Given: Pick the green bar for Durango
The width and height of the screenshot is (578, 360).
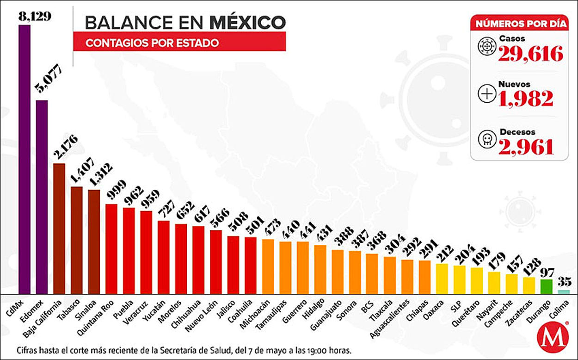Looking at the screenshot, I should pos(547,286).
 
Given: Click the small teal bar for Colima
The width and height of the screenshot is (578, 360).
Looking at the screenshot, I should pos(564,292).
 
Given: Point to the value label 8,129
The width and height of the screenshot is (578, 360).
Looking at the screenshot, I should pos(34,17).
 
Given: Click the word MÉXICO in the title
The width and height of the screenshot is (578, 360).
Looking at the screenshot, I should pos(247,22).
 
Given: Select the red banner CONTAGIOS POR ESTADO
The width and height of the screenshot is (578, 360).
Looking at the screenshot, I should pos(179,42).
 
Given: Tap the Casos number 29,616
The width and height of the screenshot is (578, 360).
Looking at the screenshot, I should pos(531,54).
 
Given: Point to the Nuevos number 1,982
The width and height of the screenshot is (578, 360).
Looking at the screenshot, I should pos(526,98).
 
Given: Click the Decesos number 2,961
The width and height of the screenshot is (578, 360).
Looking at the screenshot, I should pos(526,146).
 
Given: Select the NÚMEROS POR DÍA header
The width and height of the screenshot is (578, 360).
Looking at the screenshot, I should pos(519,23).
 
